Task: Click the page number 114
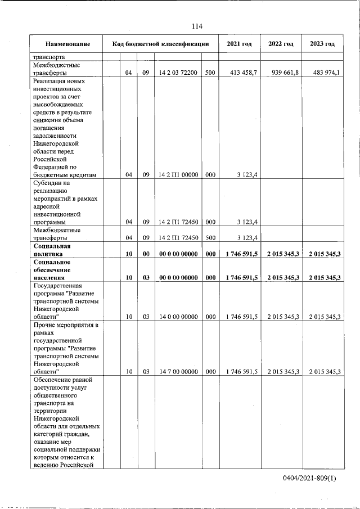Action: coord(196,26)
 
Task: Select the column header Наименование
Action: coord(68,44)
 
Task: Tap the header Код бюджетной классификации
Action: coord(161,44)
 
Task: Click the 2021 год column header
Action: coord(239,44)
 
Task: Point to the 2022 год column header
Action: coord(281,44)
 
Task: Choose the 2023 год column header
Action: coord(322,44)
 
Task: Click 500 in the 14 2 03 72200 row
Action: coord(209,73)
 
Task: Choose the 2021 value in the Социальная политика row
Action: coord(241,254)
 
